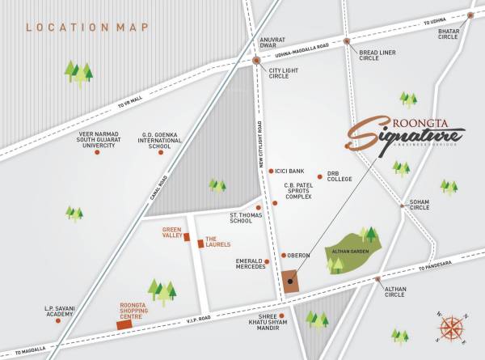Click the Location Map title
click(87, 28)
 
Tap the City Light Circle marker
click(256, 60)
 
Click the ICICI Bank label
click(290, 172)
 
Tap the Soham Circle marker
click(403, 205)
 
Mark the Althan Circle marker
click(377, 280)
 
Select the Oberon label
click(299, 256)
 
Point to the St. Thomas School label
click(241, 217)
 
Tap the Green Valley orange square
click(188, 237)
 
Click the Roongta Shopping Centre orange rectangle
click(124, 324)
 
